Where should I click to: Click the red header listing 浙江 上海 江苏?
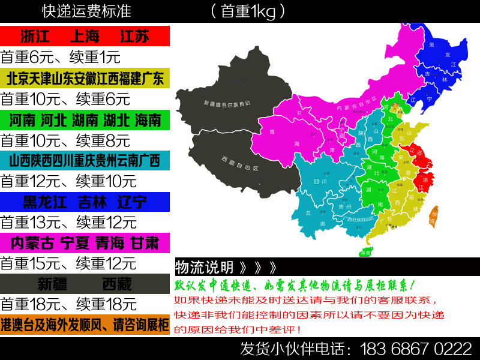[x=85, y=36]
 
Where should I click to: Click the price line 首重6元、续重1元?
[x=61, y=57]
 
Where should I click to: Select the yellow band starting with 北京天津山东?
[x=85, y=78]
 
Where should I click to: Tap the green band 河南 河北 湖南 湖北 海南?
[x=85, y=120]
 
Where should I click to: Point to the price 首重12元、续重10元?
[x=68, y=181]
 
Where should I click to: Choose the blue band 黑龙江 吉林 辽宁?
[x=85, y=202]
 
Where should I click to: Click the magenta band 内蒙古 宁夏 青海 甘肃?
[x=85, y=243]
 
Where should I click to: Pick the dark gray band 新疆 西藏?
[x=85, y=283]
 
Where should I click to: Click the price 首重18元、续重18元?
[x=68, y=304]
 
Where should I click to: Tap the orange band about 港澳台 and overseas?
[x=85, y=325]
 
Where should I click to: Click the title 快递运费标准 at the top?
[x=86, y=11]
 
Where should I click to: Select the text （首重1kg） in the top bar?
[x=248, y=11]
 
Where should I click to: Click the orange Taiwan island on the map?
[x=433, y=217]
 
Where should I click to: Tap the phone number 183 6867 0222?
[x=415, y=349]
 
